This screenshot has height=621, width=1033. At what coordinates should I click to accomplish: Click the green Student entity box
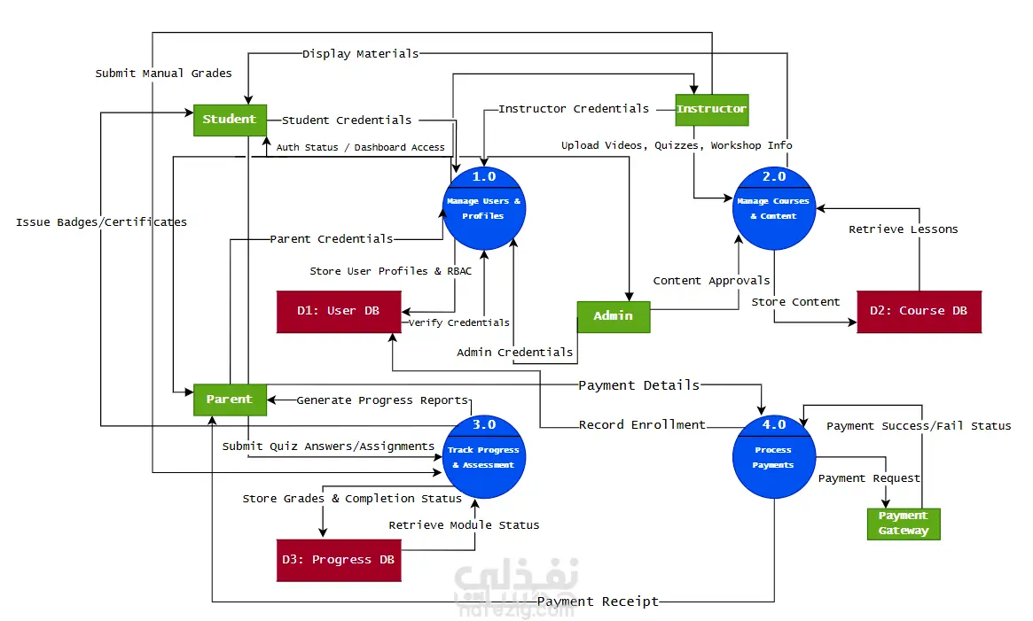point(230,120)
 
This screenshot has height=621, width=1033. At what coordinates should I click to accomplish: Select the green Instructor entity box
point(712,110)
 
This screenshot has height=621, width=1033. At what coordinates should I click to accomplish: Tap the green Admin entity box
point(614,317)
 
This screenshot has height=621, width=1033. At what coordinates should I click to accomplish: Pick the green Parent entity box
point(230,400)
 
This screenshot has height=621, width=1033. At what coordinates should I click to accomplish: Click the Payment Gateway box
point(904,524)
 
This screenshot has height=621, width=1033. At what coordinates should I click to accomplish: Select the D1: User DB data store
point(339,312)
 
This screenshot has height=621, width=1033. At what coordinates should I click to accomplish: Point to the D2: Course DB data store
point(919,312)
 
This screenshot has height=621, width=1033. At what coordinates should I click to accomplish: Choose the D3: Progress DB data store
point(339,561)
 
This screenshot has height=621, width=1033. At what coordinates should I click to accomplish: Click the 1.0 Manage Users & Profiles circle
point(484,208)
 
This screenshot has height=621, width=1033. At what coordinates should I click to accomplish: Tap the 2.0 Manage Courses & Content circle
point(774,208)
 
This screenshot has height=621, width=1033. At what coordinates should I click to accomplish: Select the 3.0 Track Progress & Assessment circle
point(484,457)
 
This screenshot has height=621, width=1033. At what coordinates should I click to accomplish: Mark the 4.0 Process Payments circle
point(774,457)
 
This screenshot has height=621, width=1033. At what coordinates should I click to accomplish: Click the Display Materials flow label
point(360,53)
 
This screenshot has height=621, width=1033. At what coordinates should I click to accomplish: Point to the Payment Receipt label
point(598,602)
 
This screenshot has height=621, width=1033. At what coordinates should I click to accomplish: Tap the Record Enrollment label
point(642,424)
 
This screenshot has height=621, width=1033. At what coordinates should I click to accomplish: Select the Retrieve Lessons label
point(904,229)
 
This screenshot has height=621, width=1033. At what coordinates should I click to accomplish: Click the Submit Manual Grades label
point(163,74)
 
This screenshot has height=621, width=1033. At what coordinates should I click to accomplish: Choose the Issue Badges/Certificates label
point(101,222)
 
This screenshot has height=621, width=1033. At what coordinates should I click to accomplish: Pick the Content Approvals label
point(711,281)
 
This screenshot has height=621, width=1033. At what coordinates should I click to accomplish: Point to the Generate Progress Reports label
point(382,400)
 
